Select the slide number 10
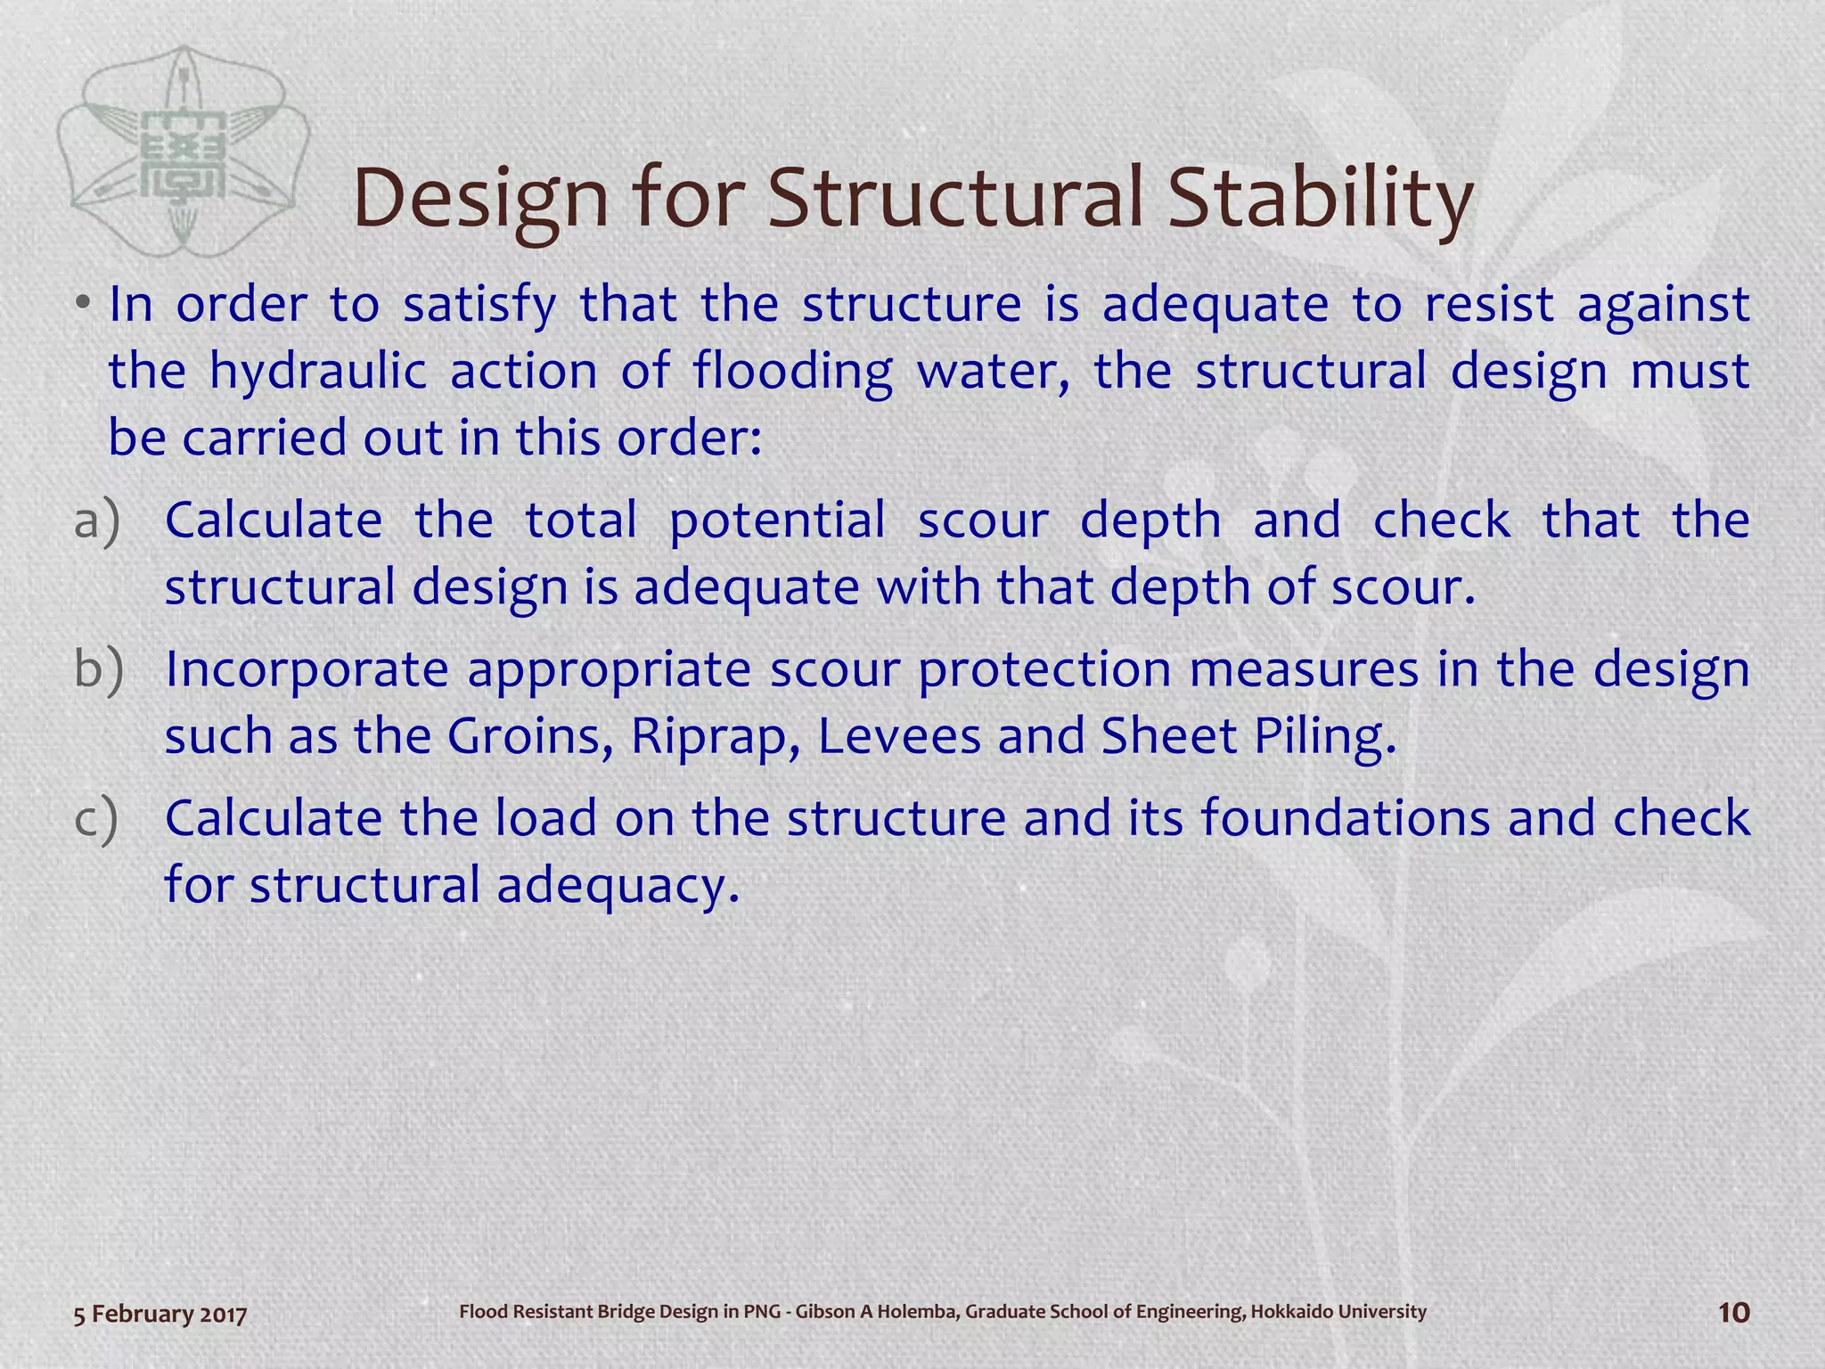1733,1313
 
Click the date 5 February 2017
160,1314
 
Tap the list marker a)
96,521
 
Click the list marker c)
95,818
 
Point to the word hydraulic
318,372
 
